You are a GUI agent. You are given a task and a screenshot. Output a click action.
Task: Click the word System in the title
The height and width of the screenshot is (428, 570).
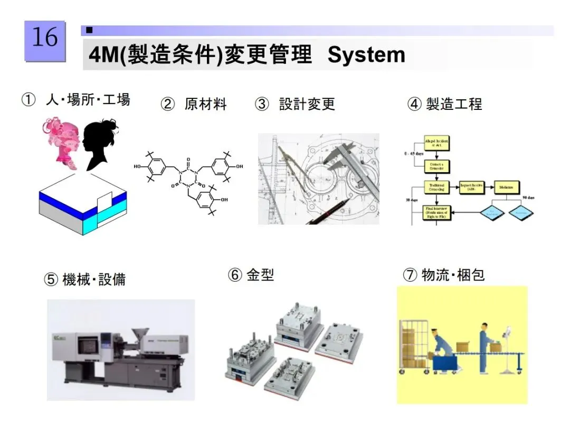click(366, 55)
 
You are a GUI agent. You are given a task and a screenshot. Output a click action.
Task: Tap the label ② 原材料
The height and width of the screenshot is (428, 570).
click(194, 104)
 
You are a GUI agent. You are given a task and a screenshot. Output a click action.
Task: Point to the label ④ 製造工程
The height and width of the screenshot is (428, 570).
click(445, 104)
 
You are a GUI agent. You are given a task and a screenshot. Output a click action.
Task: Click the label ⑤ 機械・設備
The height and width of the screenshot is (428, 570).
click(84, 279)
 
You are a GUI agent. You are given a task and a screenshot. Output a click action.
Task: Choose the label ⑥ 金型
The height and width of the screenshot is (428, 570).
click(251, 275)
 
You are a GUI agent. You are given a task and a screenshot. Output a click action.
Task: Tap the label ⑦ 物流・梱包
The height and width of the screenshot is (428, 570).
click(443, 275)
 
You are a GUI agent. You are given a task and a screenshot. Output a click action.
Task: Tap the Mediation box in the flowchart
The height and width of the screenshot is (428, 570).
click(506, 187)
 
